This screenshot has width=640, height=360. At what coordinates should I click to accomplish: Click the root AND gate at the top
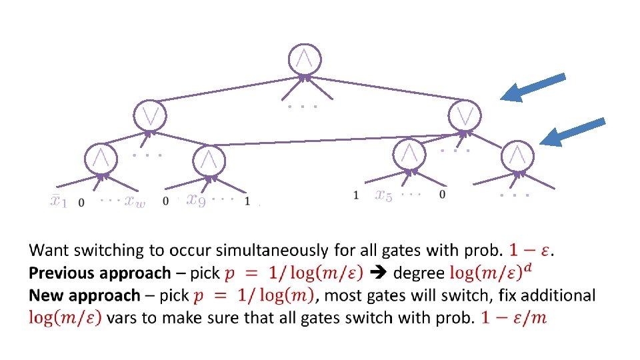pos(304,59)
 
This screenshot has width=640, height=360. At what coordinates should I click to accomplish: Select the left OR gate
pos(150,115)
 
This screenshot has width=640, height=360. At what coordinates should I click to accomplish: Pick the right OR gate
pos(465,115)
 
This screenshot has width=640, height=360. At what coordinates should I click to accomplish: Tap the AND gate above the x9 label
pos(209,160)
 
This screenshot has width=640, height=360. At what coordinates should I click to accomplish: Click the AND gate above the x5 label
pos(410,154)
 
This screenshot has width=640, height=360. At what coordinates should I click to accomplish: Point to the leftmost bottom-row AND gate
pos(101,159)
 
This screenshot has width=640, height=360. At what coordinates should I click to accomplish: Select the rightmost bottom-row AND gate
pos(517,155)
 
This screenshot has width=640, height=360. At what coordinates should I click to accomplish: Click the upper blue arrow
pos(533,87)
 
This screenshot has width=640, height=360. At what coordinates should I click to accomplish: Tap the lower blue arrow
pos(572,131)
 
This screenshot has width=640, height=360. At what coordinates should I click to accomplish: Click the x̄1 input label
pos(59,201)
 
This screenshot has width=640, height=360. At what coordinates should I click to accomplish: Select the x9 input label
pos(196,199)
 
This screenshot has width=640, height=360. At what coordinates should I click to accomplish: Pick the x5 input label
pos(383,195)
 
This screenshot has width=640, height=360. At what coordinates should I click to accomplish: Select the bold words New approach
pos(84,295)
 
